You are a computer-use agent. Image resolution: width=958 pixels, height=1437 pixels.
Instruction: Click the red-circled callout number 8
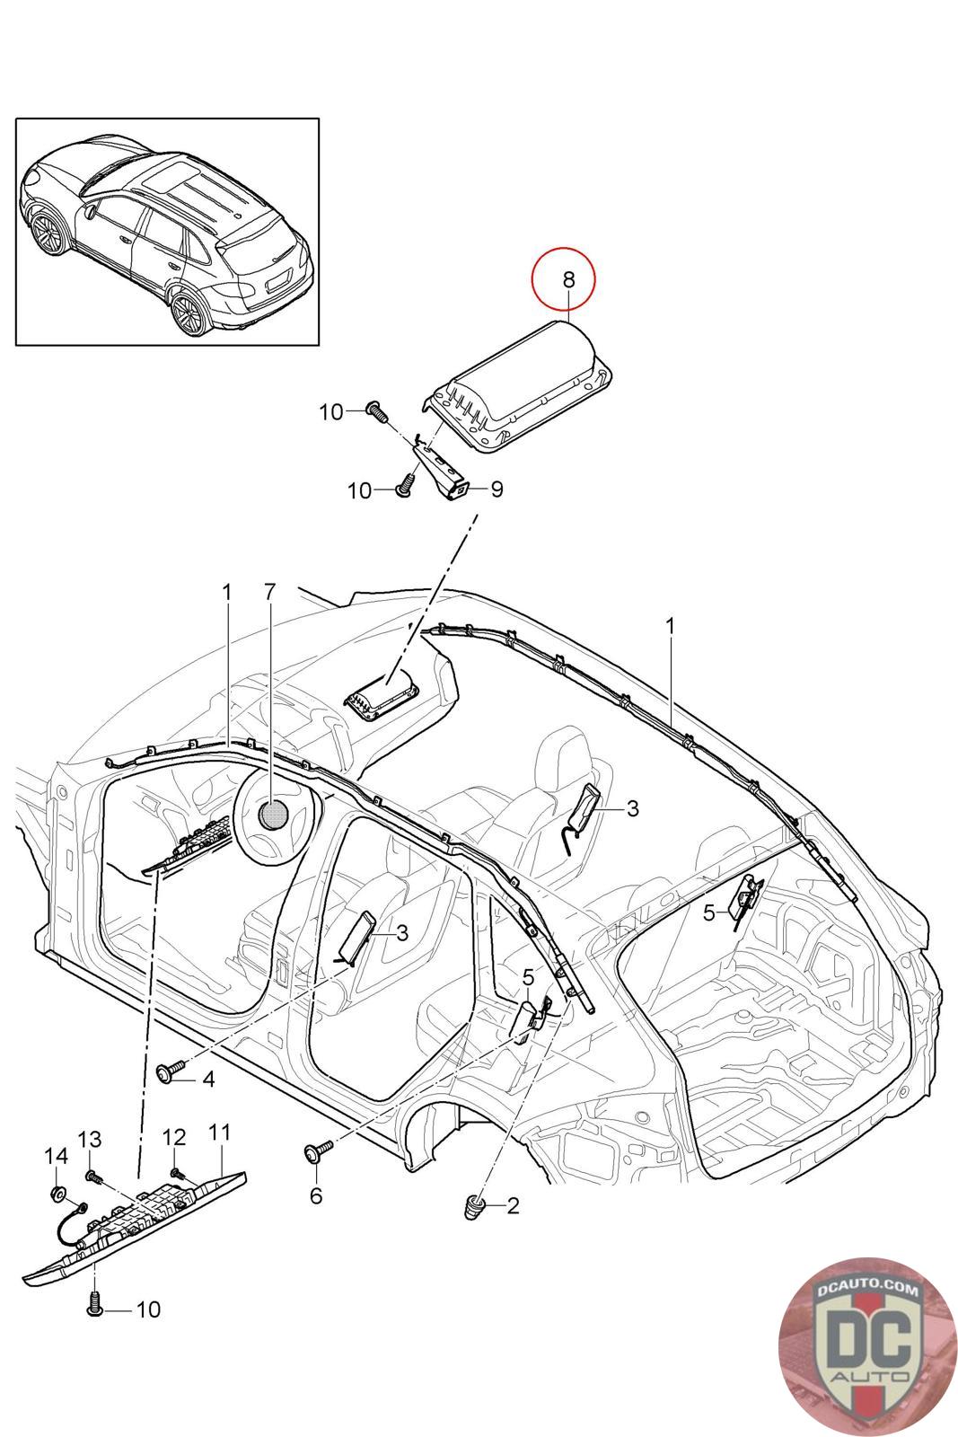(x=567, y=279)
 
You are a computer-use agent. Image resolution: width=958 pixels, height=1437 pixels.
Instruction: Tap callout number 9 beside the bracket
(x=496, y=489)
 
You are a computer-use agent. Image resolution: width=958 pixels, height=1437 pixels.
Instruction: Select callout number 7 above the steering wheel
(x=270, y=592)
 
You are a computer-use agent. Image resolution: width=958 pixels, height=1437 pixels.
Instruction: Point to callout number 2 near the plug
(x=513, y=1205)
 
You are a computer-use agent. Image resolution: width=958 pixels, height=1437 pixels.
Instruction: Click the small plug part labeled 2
(x=476, y=1206)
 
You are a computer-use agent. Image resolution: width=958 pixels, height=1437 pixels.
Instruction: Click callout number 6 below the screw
(x=315, y=1195)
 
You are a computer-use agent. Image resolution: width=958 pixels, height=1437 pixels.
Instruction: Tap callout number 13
(x=90, y=1139)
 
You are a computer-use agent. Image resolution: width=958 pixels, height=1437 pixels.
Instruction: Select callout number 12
(x=173, y=1137)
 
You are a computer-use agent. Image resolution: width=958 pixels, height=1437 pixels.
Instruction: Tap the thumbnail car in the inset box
(x=166, y=232)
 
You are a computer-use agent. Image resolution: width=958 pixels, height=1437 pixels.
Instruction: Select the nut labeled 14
(x=57, y=1194)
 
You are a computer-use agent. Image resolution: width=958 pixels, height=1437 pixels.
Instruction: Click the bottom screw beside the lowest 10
(x=95, y=1309)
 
